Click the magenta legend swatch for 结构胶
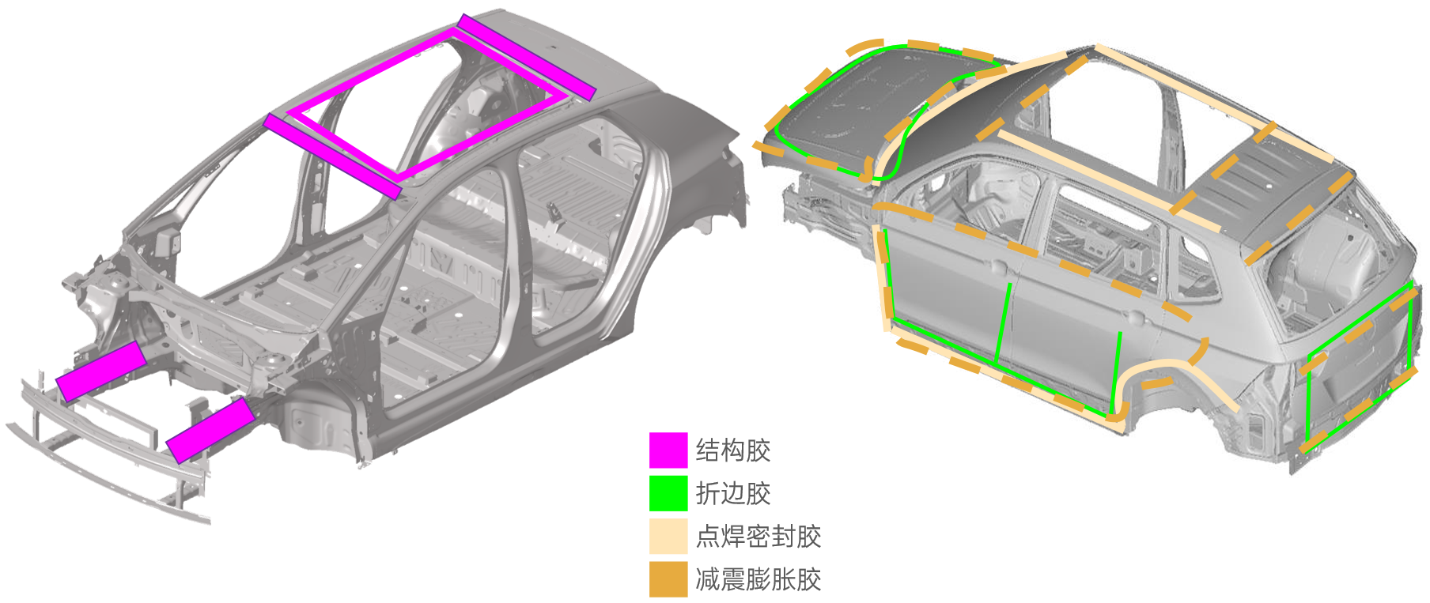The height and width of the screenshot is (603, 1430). click(668, 450)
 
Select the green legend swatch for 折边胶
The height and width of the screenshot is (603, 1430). click(668, 493)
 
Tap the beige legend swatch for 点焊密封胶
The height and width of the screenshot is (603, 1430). click(668, 536)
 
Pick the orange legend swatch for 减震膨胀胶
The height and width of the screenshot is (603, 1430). click(668, 579)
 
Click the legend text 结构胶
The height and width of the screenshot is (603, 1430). click(733, 450)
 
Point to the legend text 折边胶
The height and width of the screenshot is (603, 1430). click(733, 493)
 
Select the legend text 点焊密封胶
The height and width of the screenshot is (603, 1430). click(759, 536)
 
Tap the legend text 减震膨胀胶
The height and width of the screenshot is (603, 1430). click(759, 579)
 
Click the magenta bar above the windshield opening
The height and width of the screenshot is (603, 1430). click(333, 156)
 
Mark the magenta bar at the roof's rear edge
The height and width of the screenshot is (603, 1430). click(527, 57)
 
